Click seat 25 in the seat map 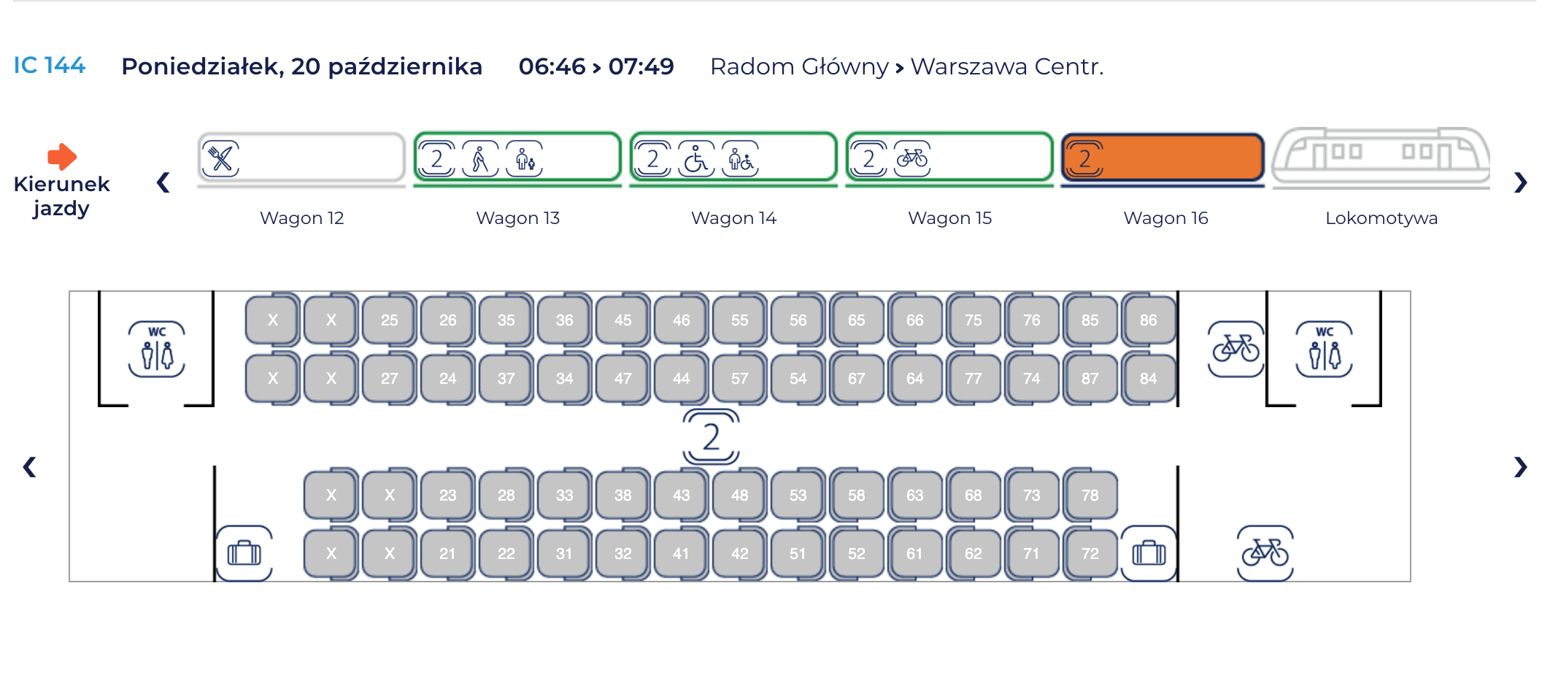point(389,320)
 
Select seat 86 point(1148,320)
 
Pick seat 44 point(681,378)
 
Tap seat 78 point(1090,495)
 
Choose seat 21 point(447,553)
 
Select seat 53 point(798,495)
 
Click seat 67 point(856,378)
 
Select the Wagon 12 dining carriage point(301,158)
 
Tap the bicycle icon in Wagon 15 point(912,158)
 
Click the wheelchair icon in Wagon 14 point(695,158)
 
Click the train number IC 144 point(50,66)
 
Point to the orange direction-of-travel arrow point(62,155)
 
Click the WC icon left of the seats point(157,349)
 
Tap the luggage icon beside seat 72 point(1149,553)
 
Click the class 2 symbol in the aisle point(711,436)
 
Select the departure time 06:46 point(552,66)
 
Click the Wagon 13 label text point(517,217)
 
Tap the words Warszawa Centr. point(1007,66)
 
